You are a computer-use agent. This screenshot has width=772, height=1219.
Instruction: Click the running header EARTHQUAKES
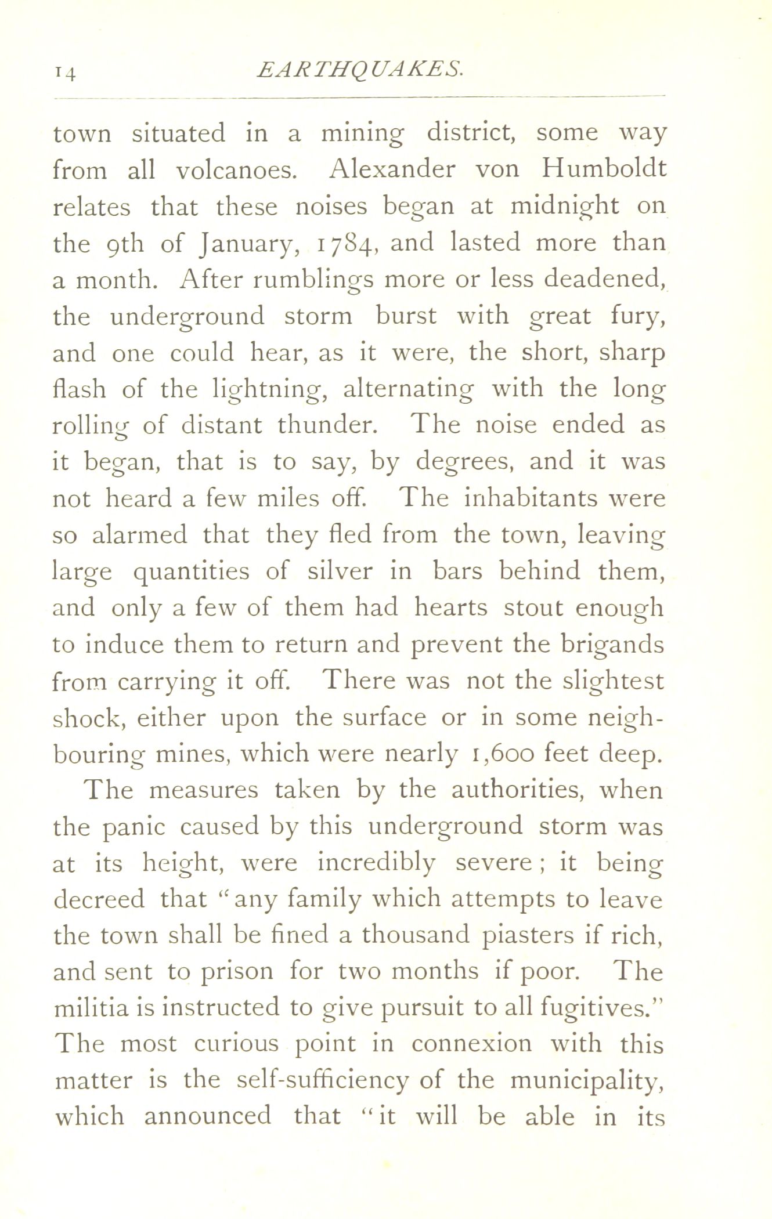tap(359, 70)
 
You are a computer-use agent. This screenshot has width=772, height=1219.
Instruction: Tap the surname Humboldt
tap(604, 169)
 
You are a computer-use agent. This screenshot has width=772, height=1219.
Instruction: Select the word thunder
tap(327, 425)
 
